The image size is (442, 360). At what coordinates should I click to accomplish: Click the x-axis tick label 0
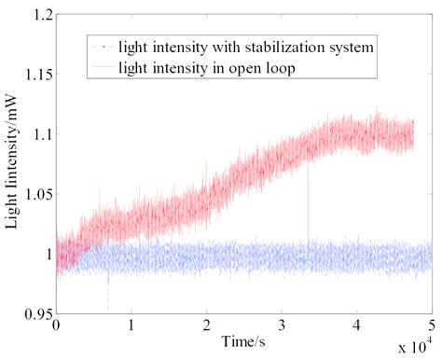click(x=57, y=327)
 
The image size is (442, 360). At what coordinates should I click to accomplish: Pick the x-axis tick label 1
click(x=132, y=327)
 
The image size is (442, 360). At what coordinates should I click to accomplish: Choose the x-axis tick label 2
click(x=207, y=327)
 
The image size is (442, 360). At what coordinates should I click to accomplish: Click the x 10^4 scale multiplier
click(x=414, y=349)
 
